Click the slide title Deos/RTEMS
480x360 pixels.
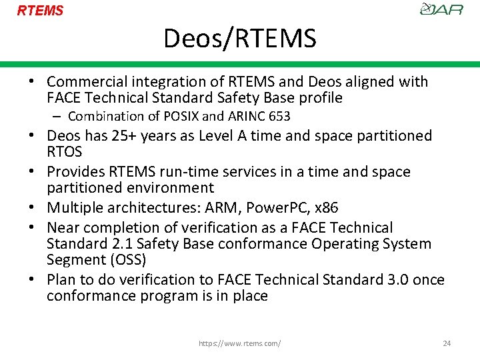(x=240, y=39)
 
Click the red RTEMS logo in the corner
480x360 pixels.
(x=40, y=11)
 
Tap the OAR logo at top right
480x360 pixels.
(x=442, y=9)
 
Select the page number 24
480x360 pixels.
(x=447, y=343)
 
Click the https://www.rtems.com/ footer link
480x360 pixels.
(x=240, y=343)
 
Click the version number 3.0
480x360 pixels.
(x=397, y=280)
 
